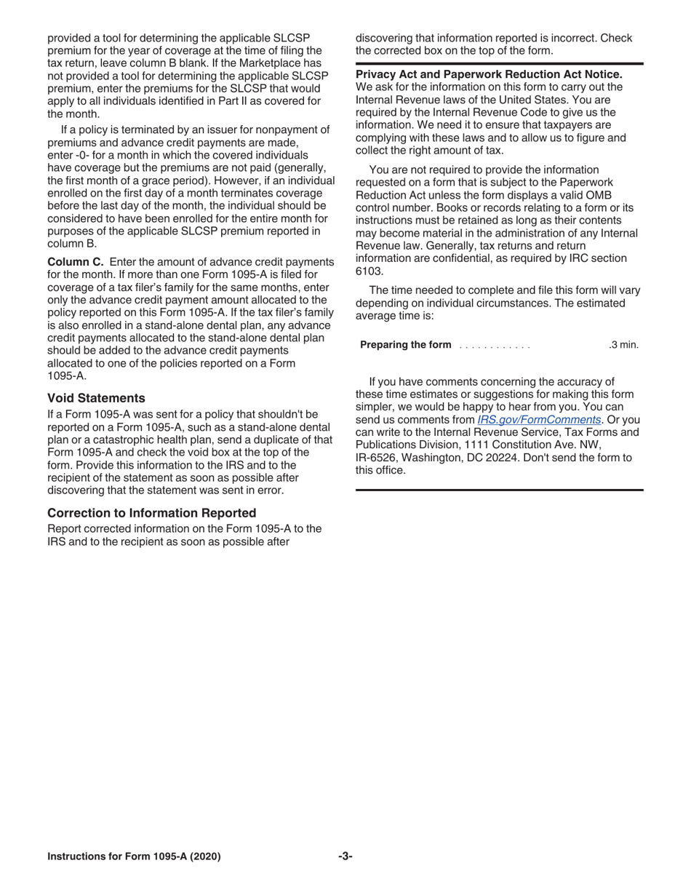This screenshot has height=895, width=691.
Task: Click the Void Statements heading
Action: pos(96,398)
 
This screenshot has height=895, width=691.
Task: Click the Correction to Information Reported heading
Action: pos(151,513)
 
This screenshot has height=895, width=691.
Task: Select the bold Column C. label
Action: pos(76,262)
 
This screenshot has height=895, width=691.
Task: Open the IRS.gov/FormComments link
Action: pos(539,420)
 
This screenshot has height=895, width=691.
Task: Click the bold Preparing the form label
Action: pos(405,345)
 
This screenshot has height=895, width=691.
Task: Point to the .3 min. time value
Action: pos(623,345)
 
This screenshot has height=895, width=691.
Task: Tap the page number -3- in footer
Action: pos(345,856)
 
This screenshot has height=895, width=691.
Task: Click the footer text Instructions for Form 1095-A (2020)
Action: pos(134,856)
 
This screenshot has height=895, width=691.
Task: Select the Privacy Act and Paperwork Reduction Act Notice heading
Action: pos(489,75)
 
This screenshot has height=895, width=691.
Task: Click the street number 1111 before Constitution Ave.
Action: pos(476,445)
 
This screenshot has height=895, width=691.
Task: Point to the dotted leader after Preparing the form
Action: pos(495,346)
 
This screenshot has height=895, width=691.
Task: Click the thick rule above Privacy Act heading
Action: pos(499,64)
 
